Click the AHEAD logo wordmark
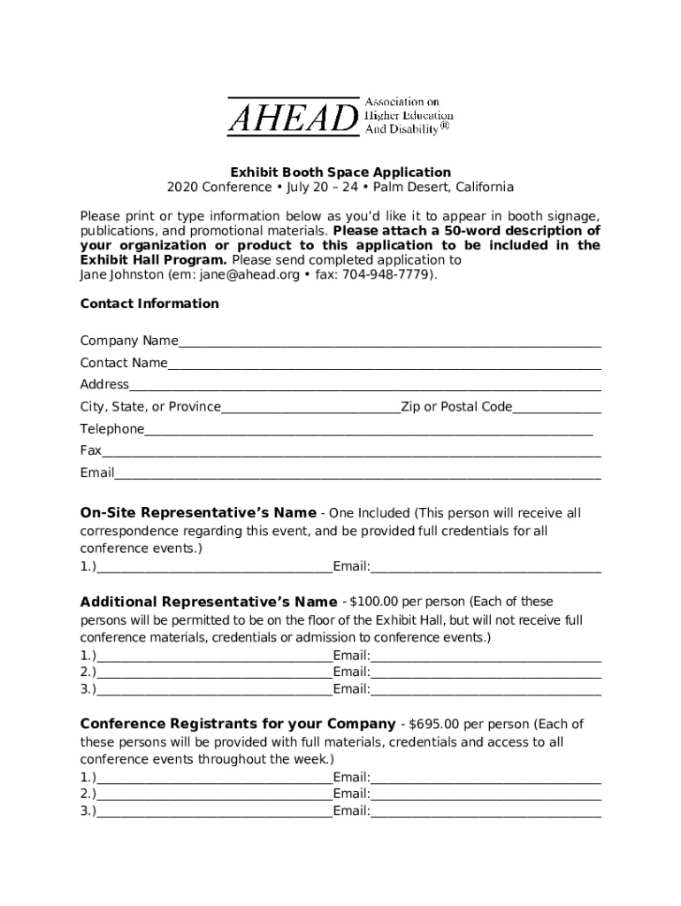point(293,118)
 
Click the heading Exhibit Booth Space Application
point(340,173)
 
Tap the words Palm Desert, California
point(442,188)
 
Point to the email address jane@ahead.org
point(250,275)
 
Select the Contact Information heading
point(149,303)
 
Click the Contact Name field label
point(124,363)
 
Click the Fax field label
point(91,450)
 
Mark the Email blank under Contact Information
point(357,475)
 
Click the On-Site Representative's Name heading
point(198,513)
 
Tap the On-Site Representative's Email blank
point(486,569)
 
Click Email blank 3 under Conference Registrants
point(486,813)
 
